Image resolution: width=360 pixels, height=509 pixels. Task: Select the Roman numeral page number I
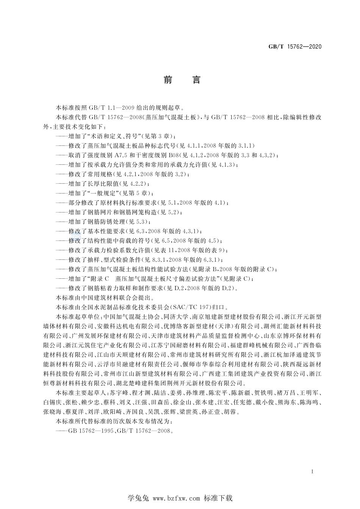(x=311, y=472)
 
